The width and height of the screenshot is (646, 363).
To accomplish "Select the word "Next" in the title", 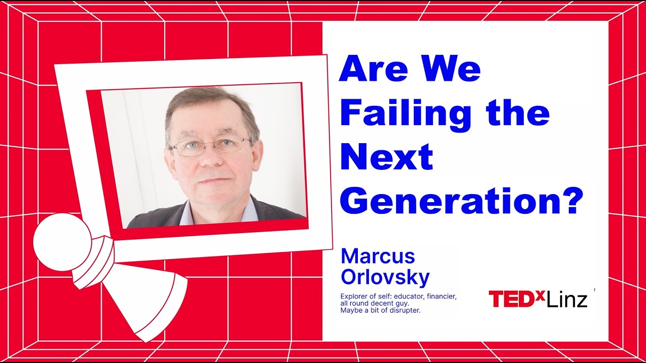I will pos(387,157).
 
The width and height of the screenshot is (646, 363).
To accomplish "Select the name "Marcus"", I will pos(378,257).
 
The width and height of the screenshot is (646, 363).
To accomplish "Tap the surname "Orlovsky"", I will pos(385,277).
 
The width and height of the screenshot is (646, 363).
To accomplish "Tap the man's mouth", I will pos(212,179).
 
